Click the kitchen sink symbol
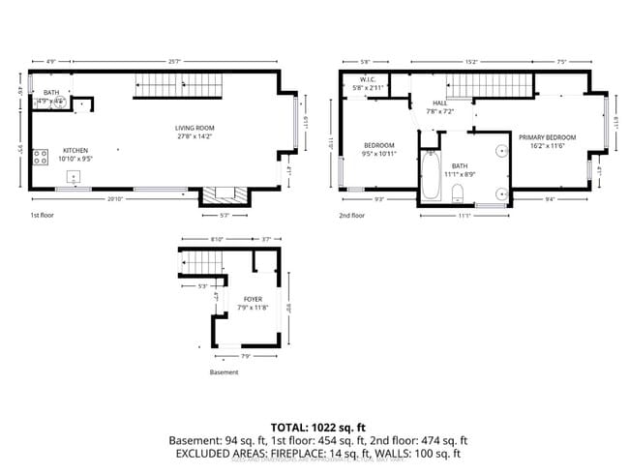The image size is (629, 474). (72, 178)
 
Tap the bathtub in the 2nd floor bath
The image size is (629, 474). (432, 177)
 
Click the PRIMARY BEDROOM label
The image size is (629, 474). (547, 137)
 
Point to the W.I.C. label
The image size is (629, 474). (367, 80)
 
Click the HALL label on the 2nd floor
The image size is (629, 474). (439, 103)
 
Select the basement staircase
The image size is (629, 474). (197, 261)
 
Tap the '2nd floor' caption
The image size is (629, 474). (351, 216)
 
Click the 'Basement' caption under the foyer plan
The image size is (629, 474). (224, 371)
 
